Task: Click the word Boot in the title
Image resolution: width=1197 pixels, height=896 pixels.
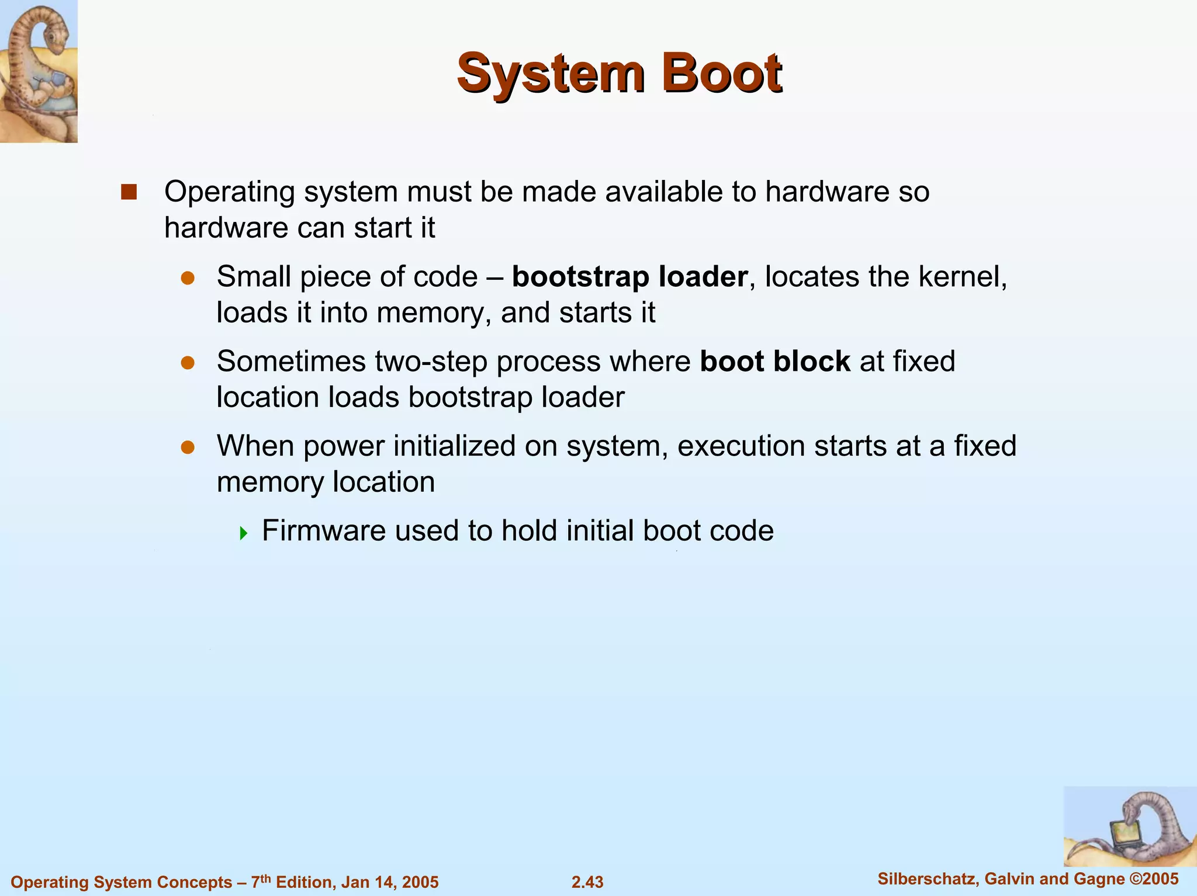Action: tap(722, 74)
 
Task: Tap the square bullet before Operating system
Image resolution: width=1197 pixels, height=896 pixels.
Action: tap(129, 192)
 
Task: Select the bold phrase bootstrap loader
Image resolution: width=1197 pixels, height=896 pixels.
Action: tap(629, 277)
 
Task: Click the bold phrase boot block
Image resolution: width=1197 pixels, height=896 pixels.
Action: tap(774, 361)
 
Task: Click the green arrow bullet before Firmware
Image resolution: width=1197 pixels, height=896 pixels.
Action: tap(244, 533)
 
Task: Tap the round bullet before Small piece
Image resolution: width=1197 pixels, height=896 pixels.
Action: tap(188, 279)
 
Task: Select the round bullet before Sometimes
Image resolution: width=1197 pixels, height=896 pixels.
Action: tap(188, 363)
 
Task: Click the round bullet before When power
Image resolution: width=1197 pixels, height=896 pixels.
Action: tap(188, 448)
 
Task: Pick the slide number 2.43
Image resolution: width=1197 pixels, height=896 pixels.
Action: tap(587, 882)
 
